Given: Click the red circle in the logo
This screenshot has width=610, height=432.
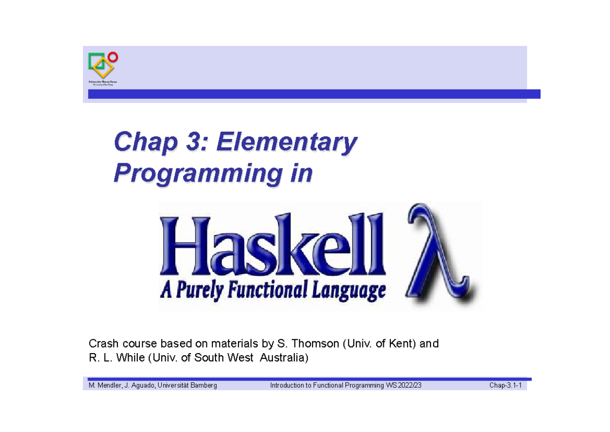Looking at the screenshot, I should (113, 57).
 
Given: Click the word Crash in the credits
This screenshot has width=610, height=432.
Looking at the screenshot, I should (102, 343).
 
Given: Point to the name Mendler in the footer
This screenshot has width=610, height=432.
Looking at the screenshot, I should (105, 386).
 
